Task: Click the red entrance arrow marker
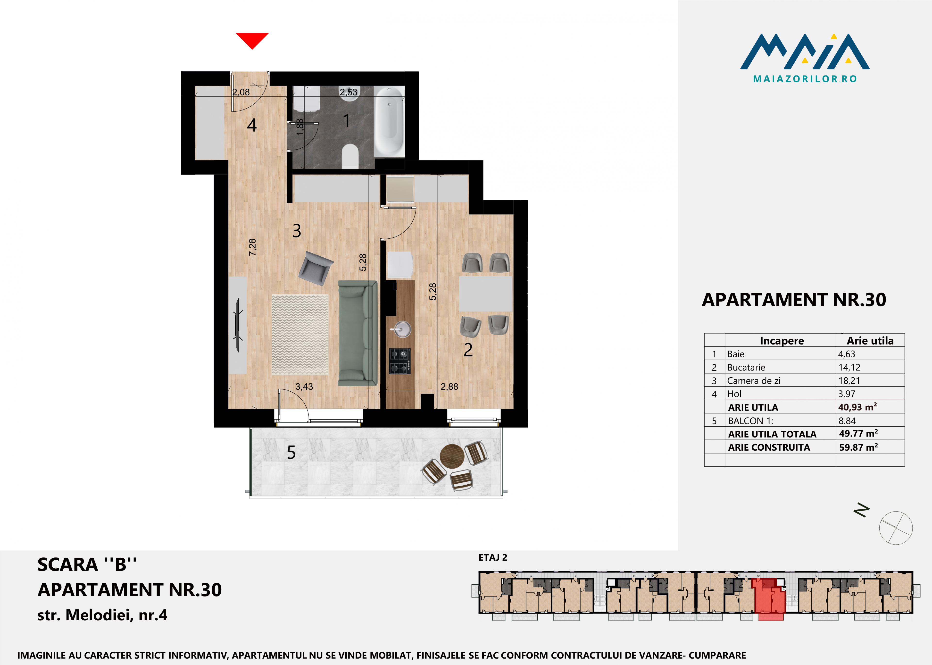click(x=252, y=40)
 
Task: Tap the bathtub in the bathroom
click(x=389, y=121)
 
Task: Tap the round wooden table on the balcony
click(x=452, y=456)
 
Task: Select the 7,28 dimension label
click(x=253, y=247)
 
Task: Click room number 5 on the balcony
click(x=291, y=453)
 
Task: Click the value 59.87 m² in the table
click(x=858, y=447)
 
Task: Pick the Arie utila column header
click(x=870, y=341)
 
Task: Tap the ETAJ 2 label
click(x=493, y=557)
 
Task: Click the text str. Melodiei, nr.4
click(x=102, y=615)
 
